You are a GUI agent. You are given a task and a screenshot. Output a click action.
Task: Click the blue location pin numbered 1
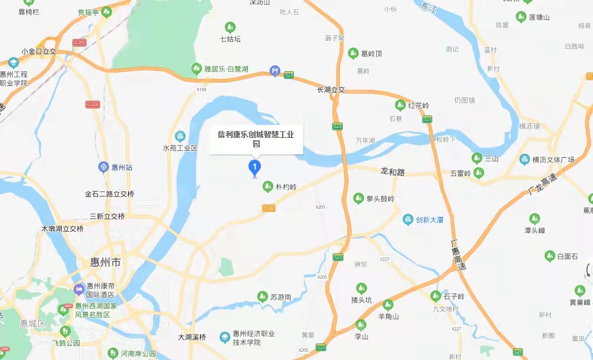click(x=254, y=168)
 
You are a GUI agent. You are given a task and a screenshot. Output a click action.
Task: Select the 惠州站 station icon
click(x=104, y=167)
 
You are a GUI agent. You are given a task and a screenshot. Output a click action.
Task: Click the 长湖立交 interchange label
click(x=330, y=90)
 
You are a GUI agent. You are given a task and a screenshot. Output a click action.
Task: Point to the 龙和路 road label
click(x=393, y=171)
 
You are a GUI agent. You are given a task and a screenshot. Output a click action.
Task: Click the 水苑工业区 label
click(x=180, y=147)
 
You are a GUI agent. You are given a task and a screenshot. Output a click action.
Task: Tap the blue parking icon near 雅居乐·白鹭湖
click(x=274, y=71)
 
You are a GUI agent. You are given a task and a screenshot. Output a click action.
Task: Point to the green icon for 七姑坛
click(x=230, y=27)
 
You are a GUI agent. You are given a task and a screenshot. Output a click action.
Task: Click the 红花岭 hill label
click(x=419, y=105)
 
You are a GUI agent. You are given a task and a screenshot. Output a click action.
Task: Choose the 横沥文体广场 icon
click(x=524, y=160)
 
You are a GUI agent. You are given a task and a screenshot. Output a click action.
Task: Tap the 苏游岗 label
click(x=281, y=297)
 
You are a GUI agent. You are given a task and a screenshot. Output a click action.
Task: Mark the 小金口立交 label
click(x=38, y=51)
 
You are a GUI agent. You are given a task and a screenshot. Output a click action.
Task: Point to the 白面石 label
click(x=567, y=256)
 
